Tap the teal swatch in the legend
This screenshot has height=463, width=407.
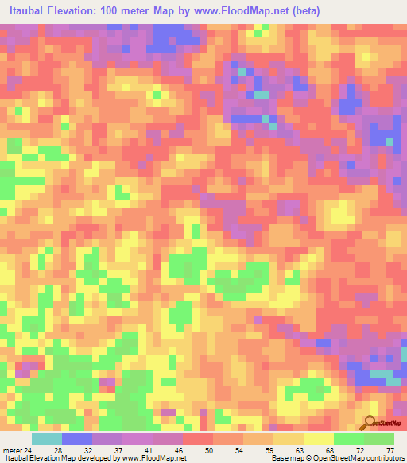(47, 439)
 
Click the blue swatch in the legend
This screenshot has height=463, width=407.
(77, 439)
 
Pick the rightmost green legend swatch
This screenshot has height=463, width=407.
(379, 439)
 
